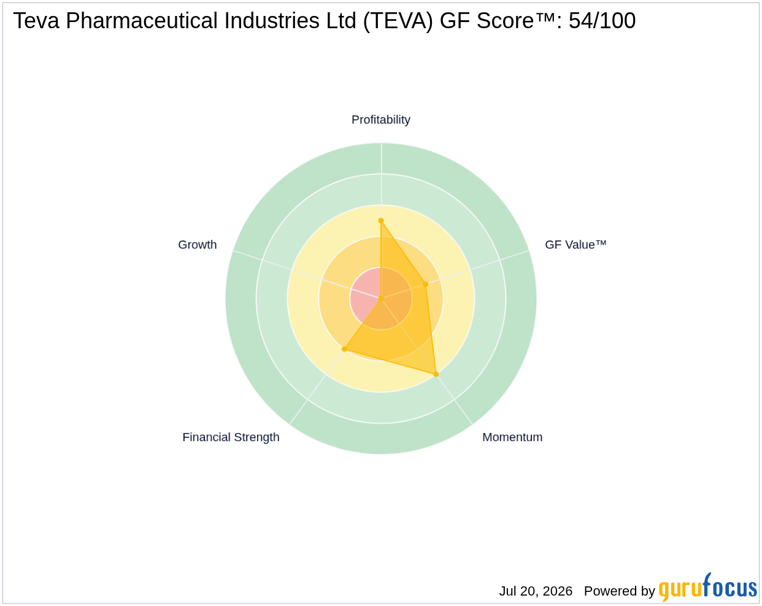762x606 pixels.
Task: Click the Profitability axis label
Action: coord(380,120)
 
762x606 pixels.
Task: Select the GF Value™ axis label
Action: coord(575,245)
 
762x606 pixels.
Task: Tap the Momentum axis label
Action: coord(512,437)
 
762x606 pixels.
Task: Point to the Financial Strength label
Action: coord(231,437)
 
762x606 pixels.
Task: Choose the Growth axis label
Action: coord(197,245)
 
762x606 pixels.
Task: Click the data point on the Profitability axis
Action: coord(381,221)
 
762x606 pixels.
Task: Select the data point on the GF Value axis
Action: coord(426,284)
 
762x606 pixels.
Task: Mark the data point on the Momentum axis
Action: coord(436,374)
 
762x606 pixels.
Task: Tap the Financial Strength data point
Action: coord(344,349)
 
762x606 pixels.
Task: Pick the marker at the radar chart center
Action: coord(381,299)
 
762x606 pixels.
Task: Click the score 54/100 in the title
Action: coord(602,20)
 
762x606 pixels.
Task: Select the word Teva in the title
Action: coord(36,20)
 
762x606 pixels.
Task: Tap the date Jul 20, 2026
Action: coord(536,591)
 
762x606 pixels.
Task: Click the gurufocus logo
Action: coord(707,588)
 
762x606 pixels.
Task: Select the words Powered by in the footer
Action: coord(619,591)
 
